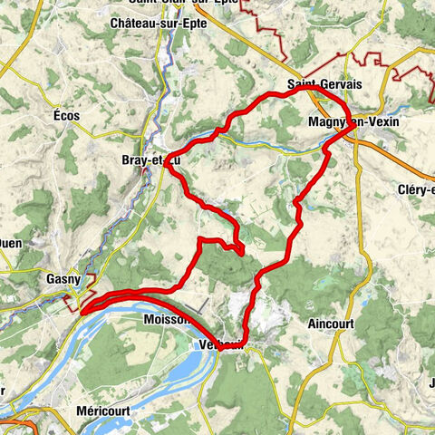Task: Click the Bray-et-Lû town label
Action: (x=146, y=160)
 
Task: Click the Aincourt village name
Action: (x=333, y=323)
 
